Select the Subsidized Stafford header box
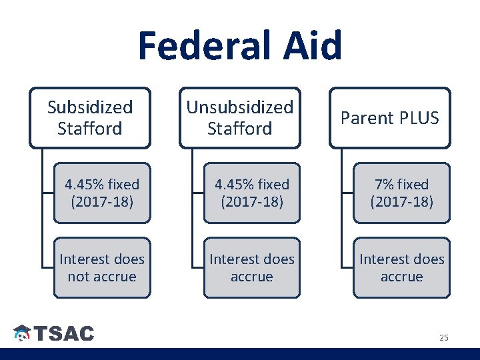click(89, 117)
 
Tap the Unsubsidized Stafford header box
click(239, 117)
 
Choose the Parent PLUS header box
click(390, 118)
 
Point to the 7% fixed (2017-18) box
click(401, 192)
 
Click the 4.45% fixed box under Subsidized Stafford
click(102, 192)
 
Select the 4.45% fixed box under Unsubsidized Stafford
click(252, 192)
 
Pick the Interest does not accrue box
click(102, 267)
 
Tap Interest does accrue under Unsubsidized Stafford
click(252, 267)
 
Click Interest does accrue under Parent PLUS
click(401, 267)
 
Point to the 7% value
click(385, 184)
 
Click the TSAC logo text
click(64, 334)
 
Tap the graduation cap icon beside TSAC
click(22, 333)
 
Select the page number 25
click(443, 338)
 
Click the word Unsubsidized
click(239, 107)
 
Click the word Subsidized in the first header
click(89, 107)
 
